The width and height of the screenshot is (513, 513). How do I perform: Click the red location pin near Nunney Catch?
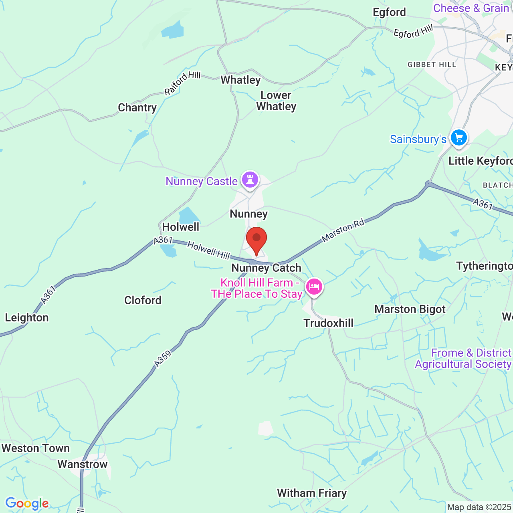[x=256, y=240]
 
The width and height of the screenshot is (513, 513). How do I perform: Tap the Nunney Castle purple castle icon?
[x=250, y=180]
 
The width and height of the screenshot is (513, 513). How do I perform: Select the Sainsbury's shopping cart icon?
[x=459, y=138]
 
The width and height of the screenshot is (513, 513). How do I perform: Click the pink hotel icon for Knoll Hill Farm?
[x=314, y=287]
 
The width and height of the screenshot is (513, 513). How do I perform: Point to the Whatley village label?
[x=240, y=80]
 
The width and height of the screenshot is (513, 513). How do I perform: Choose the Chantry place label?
[x=137, y=108]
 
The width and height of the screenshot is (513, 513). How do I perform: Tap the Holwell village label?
[x=180, y=227]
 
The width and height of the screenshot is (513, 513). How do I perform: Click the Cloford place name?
[x=143, y=300]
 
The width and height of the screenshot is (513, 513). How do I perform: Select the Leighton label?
[x=27, y=318]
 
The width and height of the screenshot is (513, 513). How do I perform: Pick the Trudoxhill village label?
[x=328, y=323]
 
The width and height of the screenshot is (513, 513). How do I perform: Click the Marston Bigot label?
[x=410, y=309]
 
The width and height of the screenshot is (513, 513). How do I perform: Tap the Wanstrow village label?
[x=83, y=464]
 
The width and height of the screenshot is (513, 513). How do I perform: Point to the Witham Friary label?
[x=311, y=493]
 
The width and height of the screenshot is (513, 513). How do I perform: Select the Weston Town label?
[x=36, y=448]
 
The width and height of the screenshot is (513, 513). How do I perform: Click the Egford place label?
[x=389, y=12]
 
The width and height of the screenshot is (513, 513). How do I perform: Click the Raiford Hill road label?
[x=182, y=83]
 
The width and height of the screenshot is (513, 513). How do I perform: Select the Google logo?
[x=27, y=503]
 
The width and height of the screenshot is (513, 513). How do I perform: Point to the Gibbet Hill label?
[x=432, y=65]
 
